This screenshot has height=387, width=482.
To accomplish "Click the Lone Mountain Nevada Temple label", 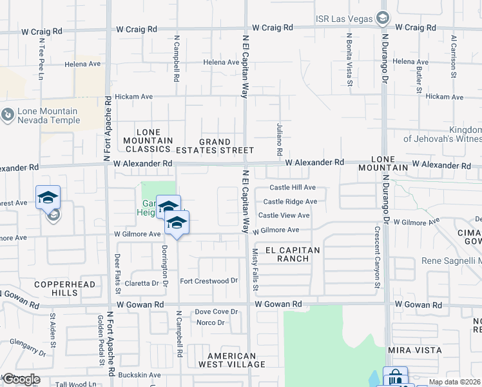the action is tap(49, 116).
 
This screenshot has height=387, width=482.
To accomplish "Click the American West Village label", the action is tap(236, 360).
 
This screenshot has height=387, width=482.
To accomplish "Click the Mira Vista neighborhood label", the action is tap(415, 350).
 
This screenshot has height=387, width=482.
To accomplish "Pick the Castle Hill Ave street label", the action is tap(293, 188).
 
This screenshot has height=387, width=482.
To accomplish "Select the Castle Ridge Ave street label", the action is tap(294, 202).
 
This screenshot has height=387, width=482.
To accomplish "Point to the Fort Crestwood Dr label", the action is tap(209, 281).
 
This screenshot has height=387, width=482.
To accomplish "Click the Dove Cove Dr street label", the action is tap(213, 312).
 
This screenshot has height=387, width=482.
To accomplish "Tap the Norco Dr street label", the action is tap(210, 322).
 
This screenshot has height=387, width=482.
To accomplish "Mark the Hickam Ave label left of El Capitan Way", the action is tap(134, 97).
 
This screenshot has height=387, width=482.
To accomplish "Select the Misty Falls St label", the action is tap(255, 267).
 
